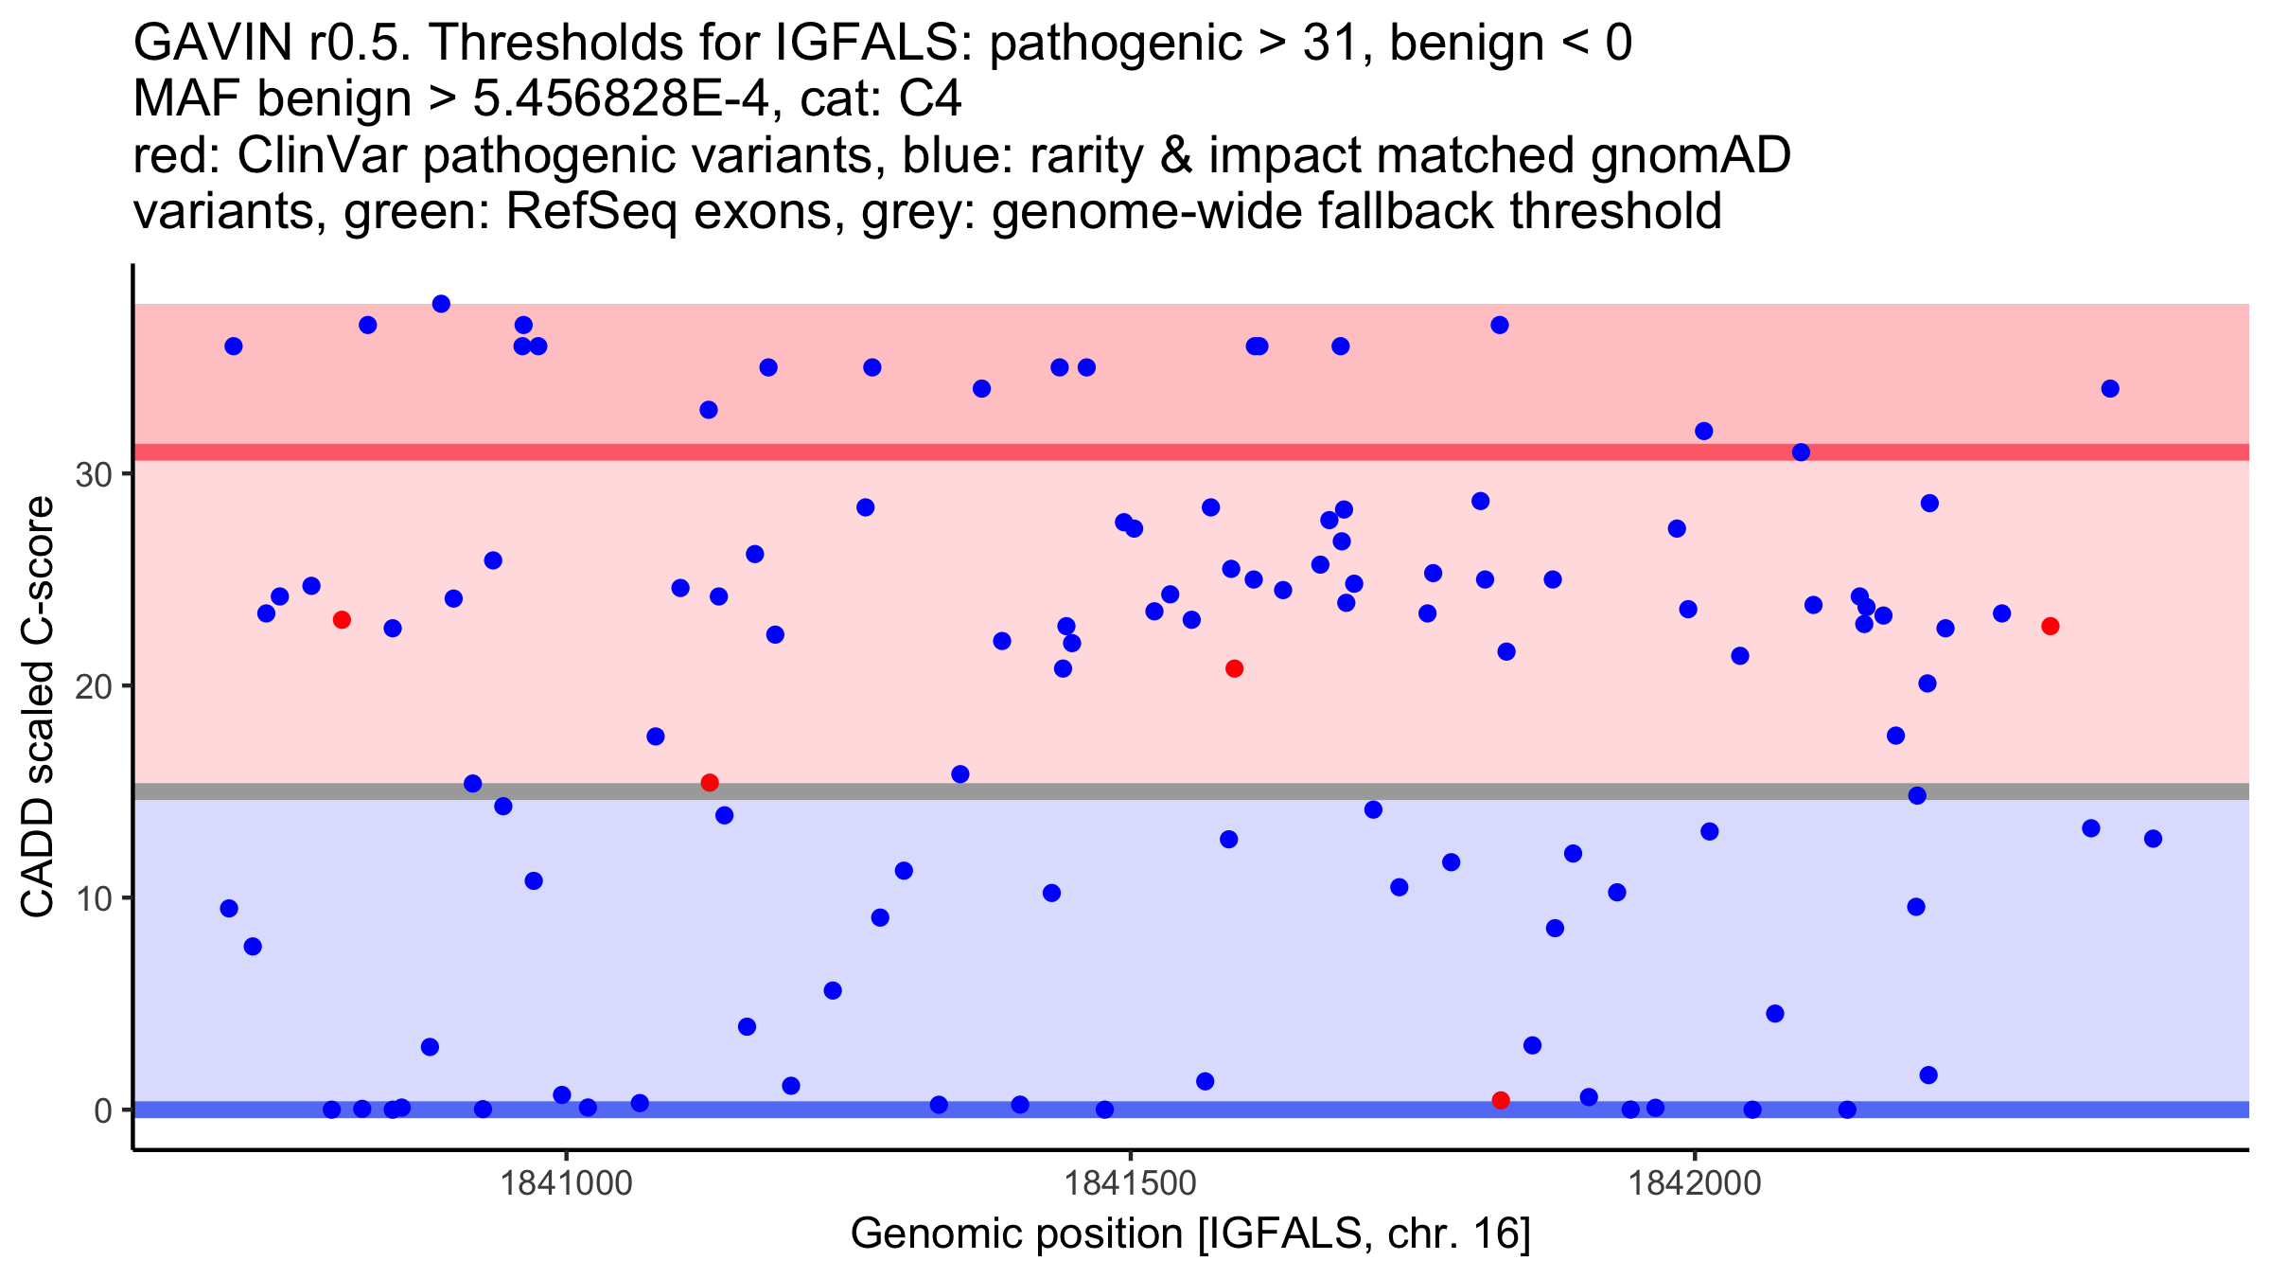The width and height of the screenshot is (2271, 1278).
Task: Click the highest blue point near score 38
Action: [441, 304]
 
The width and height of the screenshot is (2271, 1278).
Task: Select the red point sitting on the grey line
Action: [710, 783]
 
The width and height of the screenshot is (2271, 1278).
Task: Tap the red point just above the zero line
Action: [1501, 1100]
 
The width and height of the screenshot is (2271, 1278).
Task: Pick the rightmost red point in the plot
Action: [2051, 627]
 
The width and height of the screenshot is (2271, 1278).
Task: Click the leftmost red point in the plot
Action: [342, 620]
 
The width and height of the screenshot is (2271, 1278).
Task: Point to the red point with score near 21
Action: [1234, 669]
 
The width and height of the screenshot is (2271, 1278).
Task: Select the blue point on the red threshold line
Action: [1801, 453]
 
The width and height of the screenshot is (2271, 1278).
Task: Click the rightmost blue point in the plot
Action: [2153, 839]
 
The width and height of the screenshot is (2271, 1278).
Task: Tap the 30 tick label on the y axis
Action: [94, 474]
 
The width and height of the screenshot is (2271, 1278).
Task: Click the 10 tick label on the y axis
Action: [94, 898]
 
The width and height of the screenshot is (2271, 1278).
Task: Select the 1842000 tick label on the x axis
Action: [1695, 1183]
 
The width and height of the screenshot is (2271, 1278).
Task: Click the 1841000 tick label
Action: [566, 1183]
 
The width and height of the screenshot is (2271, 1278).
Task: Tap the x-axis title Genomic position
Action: [1190, 1234]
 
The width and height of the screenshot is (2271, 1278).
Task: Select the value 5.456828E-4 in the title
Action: [625, 99]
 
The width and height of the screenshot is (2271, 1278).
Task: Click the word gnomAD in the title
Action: [1690, 156]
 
